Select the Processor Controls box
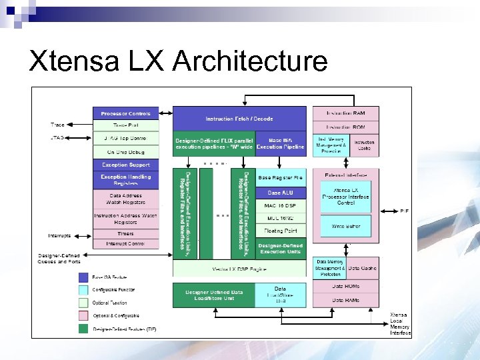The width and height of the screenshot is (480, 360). pyautogui.click(x=126, y=113)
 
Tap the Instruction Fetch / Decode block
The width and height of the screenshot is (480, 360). pyautogui.click(x=239, y=118)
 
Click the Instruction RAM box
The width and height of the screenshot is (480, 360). pyautogui.click(x=345, y=113)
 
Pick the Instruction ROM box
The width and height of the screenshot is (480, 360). pyautogui.click(x=345, y=127)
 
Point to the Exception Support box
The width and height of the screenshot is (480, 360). pyautogui.click(x=126, y=165)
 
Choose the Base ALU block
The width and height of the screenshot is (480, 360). pyautogui.click(x=280, y=192)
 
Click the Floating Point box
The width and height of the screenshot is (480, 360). pyautogui.click(x=280, y=231)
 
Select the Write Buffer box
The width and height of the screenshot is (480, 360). pyautogui.click(x=346, y=227)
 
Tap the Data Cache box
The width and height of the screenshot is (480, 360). pyautogui.click(x=361, y=268)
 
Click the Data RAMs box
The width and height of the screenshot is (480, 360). pyautogui.click(x=346, y=301)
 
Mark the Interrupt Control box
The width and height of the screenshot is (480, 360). pyautogui.click(x=126, y=243)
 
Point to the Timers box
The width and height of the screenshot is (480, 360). pyautogui.click(x=126, y=233)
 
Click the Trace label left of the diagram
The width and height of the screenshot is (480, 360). pyautogui.click(x=57, y=125)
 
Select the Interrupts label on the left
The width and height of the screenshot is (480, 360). pyautogui.click(x=59, y=236)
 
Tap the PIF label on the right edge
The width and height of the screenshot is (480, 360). pyautogui.click(x=404, y=211)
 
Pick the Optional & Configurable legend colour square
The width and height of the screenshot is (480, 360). pyautogui.click(x=83, y=315)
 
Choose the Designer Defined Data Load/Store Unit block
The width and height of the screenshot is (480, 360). pyautogui.click(x=214, y=295)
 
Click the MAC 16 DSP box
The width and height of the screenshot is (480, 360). pyautogui.click(x=280, y=205)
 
